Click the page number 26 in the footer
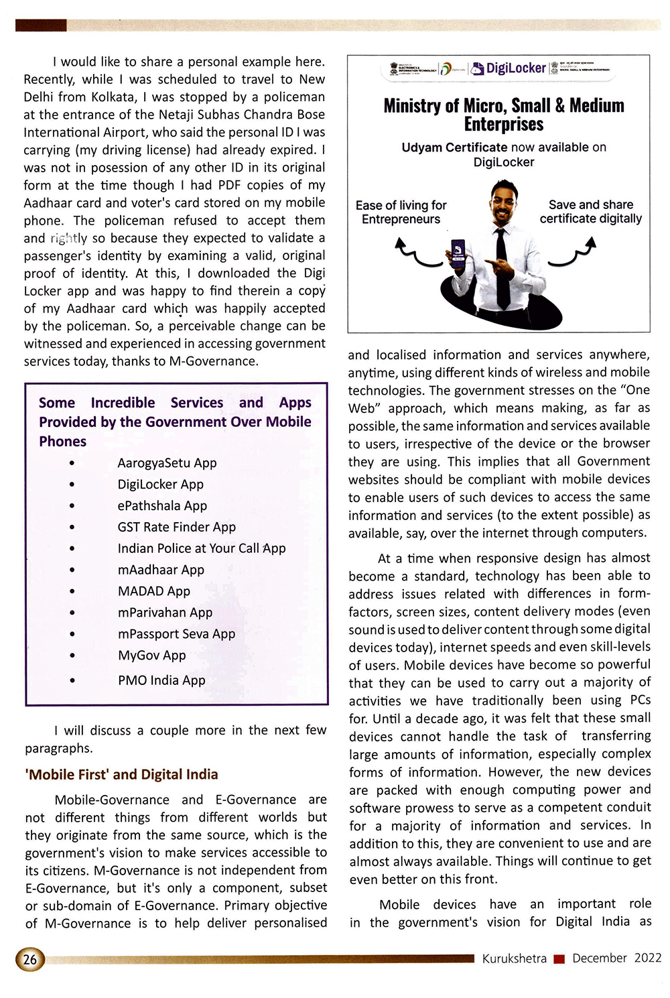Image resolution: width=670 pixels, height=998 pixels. tap(30, 959)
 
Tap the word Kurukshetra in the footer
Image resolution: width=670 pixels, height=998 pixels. tap(514, 958)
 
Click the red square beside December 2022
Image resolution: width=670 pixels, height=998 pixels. tap(559, 959)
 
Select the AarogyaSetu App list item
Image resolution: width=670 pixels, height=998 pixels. tap(167, 463)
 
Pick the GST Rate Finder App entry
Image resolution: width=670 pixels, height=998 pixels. tap(176, 527)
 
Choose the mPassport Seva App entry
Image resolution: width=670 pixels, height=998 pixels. tap(176, 634)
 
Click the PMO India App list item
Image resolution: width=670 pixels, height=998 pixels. tap(161, 680)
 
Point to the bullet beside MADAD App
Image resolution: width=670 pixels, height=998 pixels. tap(72, 591)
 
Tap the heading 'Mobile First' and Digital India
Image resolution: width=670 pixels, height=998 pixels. tap(121, 775)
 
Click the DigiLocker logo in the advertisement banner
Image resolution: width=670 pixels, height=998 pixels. tap(509, 68)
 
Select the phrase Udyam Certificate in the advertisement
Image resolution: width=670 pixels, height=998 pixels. tap(454, 147)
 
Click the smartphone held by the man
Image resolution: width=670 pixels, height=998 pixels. tap(458, 255)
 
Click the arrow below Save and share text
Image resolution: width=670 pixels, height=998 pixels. tap(574, 254)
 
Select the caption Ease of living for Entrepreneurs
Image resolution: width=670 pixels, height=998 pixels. tap(401, 212)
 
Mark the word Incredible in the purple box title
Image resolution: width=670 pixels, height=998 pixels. tap(123, 403)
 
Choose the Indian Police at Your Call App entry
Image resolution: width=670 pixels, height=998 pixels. tap(201, 548)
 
